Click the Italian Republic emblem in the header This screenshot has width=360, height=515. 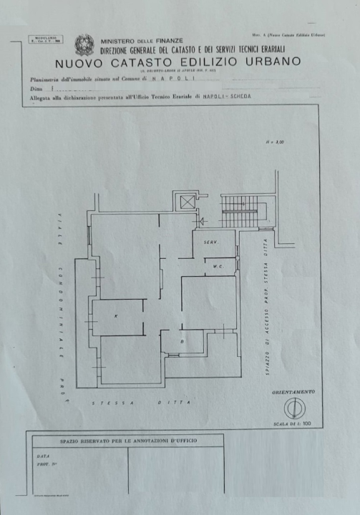pos(84,45)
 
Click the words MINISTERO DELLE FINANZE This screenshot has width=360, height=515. pos(142,41)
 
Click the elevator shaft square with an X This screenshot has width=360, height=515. pos(188,202)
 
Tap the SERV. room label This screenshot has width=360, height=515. pos(210,242)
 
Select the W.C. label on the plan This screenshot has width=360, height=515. pos(217,267)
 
